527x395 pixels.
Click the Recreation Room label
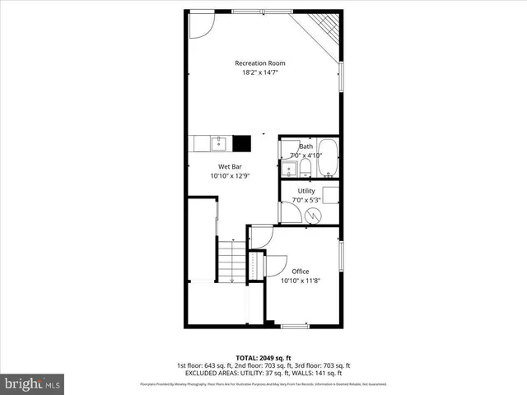click(260, 63)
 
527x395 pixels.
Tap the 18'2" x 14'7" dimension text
click(260, 73)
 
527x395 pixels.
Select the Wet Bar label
click(230, 166)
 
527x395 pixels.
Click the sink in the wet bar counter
click(219, 144)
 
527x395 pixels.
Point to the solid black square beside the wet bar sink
click(242, 144)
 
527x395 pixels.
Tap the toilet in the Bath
click(305, 169)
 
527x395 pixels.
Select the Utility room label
click(306, 191)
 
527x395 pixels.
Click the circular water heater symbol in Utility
click(313, 215)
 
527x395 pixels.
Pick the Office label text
click(300, 272)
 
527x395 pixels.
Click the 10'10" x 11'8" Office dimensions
click(300, 281)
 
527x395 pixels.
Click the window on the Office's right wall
click(341, 254)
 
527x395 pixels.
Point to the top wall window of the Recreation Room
click(261, 12)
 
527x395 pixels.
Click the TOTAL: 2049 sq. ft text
click(263, 358)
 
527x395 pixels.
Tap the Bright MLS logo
click(33, 383)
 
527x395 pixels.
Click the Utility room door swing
click(289, 212)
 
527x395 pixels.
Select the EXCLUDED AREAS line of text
click(263, 373)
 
